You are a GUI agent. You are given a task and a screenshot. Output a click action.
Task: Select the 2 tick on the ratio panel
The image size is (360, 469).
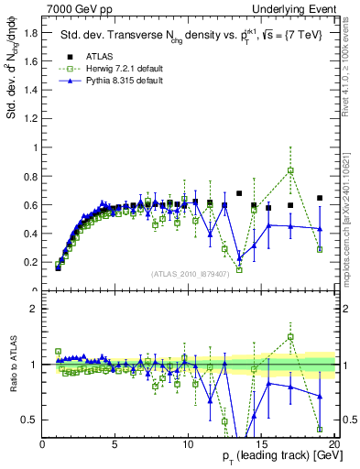[x=34, y=309]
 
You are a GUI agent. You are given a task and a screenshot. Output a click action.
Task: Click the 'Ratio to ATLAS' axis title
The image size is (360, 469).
[x=13, y=365]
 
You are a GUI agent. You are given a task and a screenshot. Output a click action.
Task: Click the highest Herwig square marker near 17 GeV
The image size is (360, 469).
[x=290, y=170]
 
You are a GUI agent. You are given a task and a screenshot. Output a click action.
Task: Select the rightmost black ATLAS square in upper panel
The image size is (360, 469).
[x=319, y=198]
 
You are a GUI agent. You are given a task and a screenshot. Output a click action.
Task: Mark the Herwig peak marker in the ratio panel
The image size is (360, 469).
[x=290, y=337]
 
